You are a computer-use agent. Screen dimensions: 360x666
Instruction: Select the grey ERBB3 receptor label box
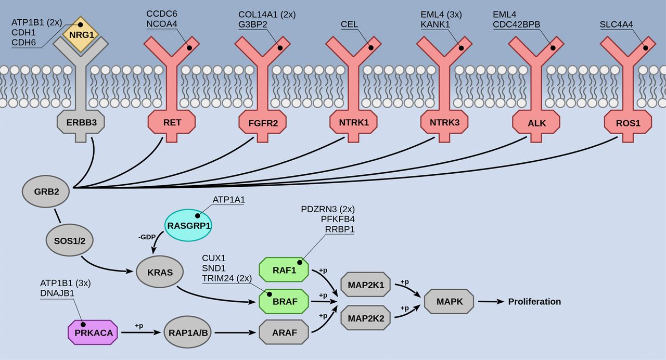tap(80, 123)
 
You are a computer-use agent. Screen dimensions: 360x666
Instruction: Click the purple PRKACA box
tap(93, 332)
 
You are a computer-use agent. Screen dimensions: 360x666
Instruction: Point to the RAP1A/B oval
tap(188, 332)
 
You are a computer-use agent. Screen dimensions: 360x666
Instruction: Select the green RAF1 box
tap(284, 269)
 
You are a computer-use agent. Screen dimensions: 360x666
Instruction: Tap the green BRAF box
tap(284, 301)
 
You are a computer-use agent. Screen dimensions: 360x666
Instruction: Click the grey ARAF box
tap(284, 332)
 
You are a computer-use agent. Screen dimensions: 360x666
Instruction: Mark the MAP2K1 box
tap(366, 285)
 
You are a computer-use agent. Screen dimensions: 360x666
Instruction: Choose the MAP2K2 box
tap(366, 317)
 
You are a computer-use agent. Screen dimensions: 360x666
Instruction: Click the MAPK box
tap(449, 301)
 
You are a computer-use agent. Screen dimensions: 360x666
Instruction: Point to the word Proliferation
tap(534, 302)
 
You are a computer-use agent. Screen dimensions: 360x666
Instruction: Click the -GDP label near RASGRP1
tap(147, 236)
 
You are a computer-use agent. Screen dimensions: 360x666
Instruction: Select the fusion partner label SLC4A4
tap(616, 24)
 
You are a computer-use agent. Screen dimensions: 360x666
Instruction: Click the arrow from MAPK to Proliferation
tap(490, 302)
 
